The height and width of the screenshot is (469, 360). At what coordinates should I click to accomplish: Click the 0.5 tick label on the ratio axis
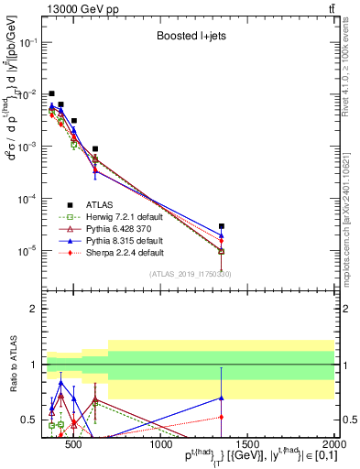(29, 420)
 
